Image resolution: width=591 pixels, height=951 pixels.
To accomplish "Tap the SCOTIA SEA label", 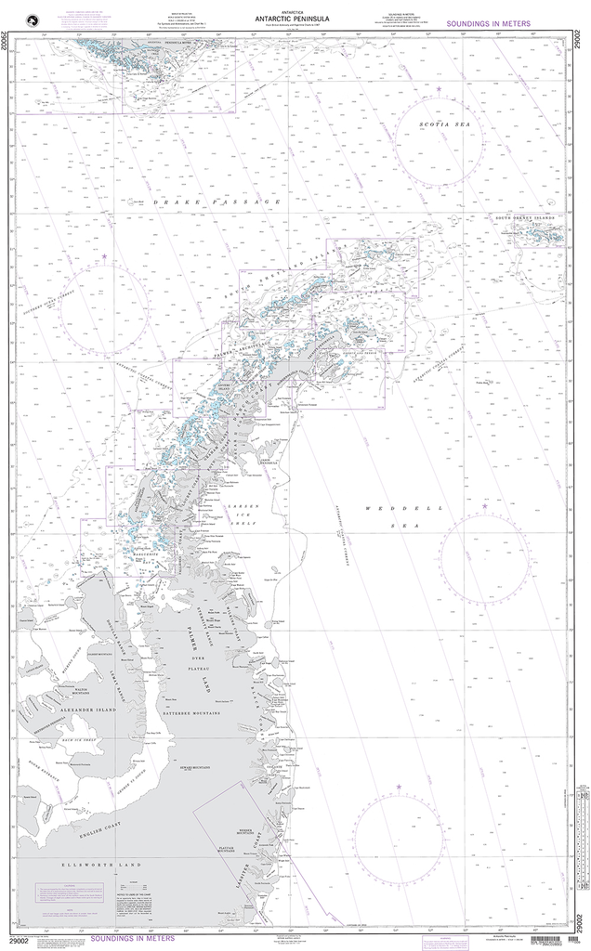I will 439,124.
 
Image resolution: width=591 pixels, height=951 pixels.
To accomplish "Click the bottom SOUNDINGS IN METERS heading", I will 88,931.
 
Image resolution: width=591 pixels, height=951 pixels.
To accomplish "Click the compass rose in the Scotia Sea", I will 439,139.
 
